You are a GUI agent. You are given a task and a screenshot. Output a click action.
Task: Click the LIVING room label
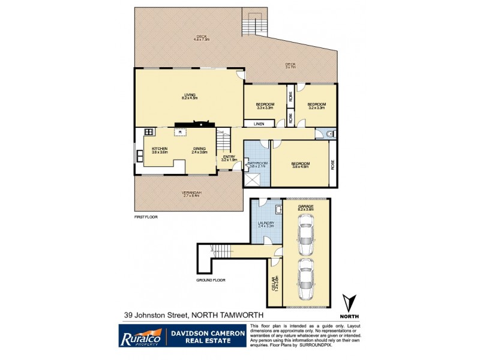pyautogui.click(x=190, y=95)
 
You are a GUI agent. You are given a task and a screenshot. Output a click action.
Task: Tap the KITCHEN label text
pyautogui.click(x=159, y=149)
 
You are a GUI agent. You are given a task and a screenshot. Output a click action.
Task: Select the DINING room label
pyautogui.click(x=199, y=149)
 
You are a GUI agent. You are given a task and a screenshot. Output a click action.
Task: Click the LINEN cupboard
pyautogui.click(x=259, y=124)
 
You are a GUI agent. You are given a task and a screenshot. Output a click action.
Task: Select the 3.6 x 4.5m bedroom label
pyautogui.click(x=301, y=164)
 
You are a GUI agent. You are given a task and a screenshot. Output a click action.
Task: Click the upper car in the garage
pyautogui.click(x=305, y=238)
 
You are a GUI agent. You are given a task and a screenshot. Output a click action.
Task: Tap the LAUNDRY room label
pyautogui.click(x=265, y=224)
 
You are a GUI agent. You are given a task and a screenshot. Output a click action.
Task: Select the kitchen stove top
pyautogui.click(x=149, y=131)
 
